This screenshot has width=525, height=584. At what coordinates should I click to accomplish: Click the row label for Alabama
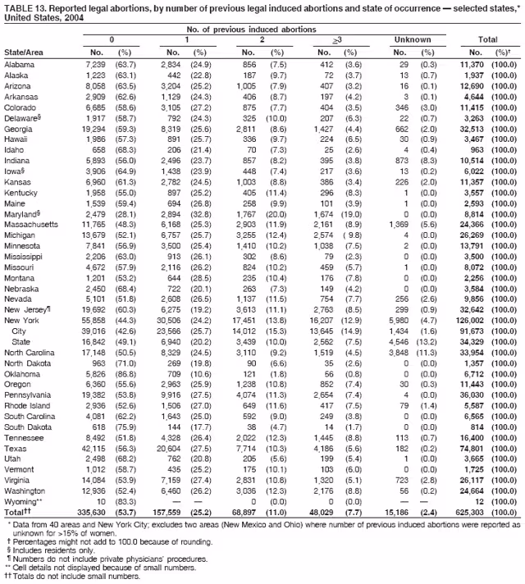pyautogui.click(x=19, y=64)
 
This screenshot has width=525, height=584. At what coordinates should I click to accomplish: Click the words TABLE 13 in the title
pyautogui.click(x=25, y=7)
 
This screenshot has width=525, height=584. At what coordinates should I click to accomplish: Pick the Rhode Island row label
pyautogui.click(x=28, y=407)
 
